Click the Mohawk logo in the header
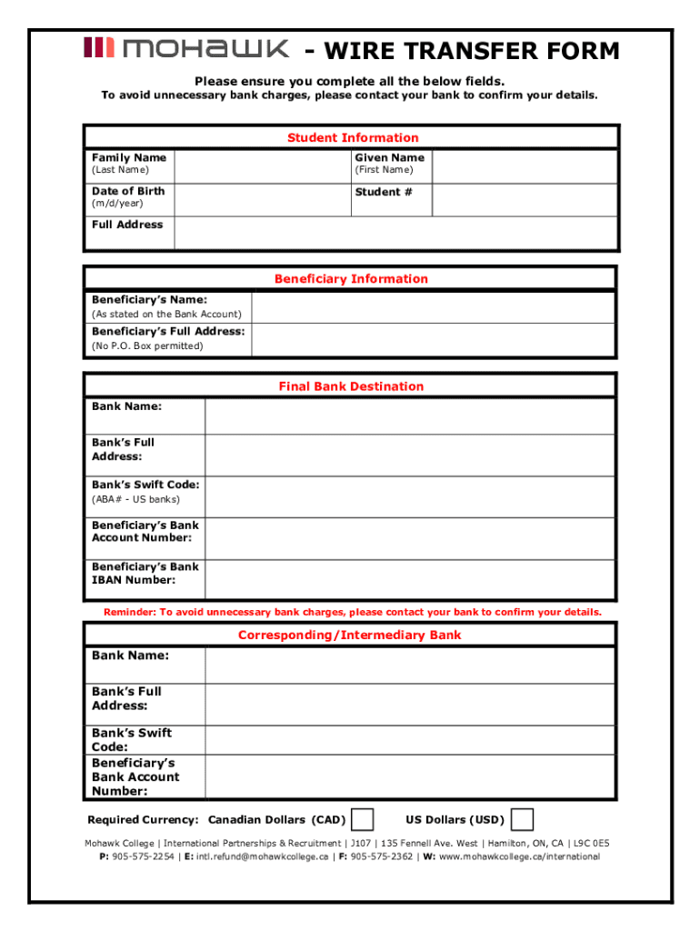[x=186, y=49]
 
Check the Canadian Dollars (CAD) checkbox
[x=362, y=819]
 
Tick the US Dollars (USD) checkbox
[x=522, y=819]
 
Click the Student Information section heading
[x=353, y=138]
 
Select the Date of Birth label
[x=128, y=191]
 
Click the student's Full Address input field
[x=395, y=233]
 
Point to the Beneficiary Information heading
[x=351, y=279]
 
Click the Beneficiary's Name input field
[x=433, y=306]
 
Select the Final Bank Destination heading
[x=351, y=386]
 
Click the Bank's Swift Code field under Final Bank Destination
[x=409, y=496]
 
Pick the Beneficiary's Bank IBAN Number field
[x=409, y=578]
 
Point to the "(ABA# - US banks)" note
[x=135, y=499]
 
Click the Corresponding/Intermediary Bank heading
[x=350, y=636]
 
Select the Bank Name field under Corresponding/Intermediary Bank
[x=409, y=666]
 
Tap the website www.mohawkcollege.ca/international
[x=519, y=856]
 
